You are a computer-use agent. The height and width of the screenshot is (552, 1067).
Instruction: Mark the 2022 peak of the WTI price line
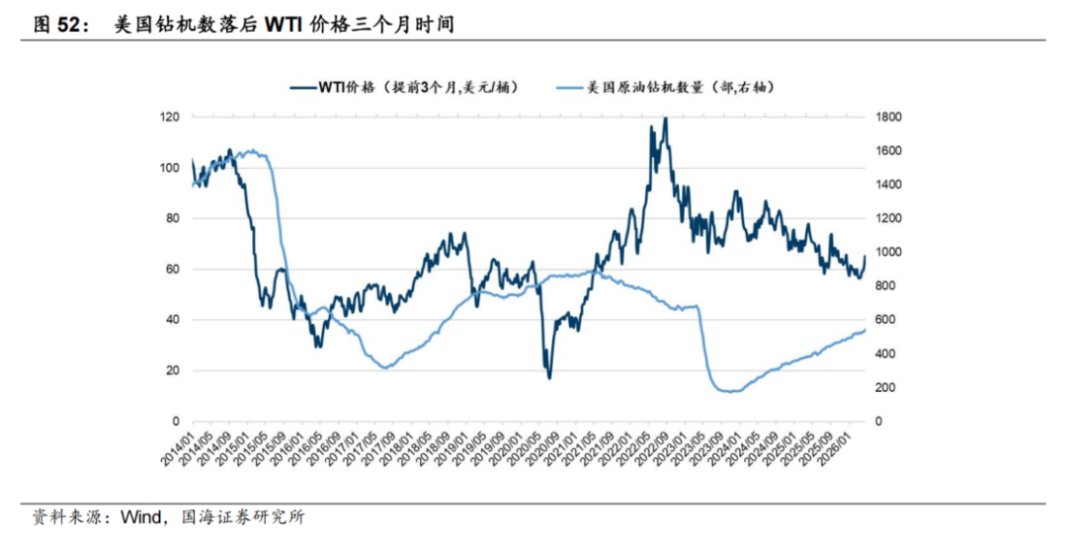665,118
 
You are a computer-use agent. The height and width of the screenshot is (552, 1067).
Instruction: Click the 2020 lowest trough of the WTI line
549,377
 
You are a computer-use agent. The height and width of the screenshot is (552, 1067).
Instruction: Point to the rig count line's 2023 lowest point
731,392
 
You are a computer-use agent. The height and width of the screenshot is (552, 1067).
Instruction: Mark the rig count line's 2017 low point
385,368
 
